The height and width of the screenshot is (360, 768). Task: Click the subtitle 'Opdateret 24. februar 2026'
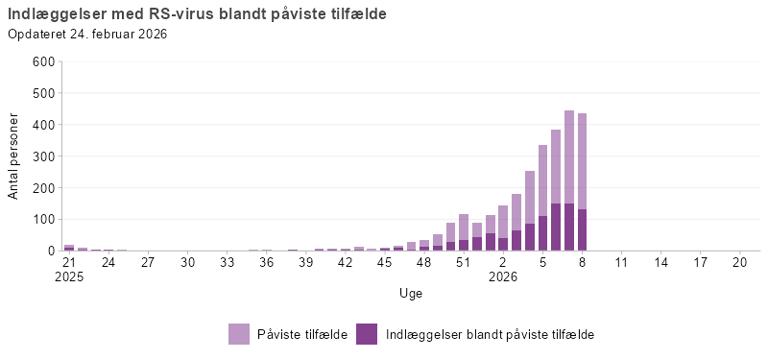(x=87, y=35)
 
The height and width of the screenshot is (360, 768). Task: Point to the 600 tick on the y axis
(x=43, y=61)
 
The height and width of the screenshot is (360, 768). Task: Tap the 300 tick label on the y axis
(x=43, y=156)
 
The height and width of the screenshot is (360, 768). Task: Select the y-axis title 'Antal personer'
(x=13, y=156)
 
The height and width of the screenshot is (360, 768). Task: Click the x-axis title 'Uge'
(x=411, y=293)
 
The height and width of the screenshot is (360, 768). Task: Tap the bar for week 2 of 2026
(x=503, y=230)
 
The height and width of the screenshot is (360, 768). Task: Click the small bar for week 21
(x=69, y=248)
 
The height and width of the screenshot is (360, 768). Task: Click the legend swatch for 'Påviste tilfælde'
(x=240, y=334)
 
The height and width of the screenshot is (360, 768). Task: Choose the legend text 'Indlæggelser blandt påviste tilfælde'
(x=491, y=334)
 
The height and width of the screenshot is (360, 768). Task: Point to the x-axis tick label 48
(x=424, y=261)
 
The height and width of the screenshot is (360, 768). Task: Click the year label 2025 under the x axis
(x=69, y=276)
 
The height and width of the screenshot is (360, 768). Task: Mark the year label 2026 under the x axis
(x=503, y=276)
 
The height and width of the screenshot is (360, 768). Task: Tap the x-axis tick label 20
(x=739, y=261)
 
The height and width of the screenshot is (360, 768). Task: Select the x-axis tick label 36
(x=266, y=261)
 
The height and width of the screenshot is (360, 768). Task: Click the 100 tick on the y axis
(x=43, y=219)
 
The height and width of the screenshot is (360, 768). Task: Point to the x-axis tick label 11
(x=621, y=261)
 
